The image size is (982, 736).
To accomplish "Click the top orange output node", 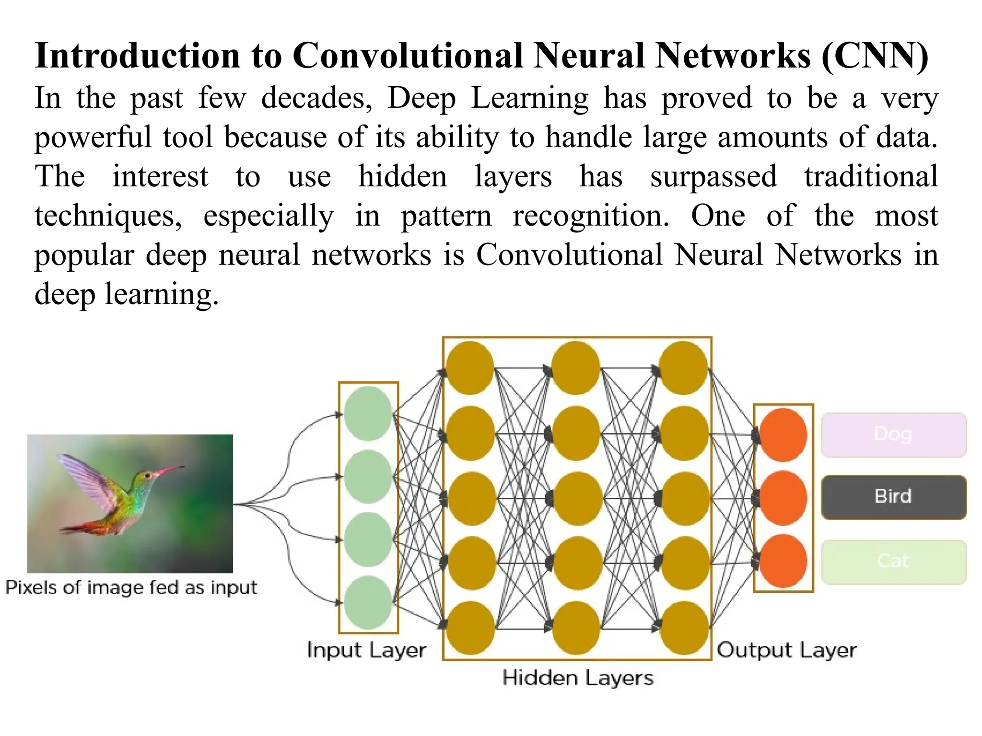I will tap(783, 435).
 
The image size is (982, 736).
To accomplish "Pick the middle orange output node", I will tap(783, 498).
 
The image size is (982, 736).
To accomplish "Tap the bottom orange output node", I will tap(783, 561).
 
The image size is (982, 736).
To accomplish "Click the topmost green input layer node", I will tap(368, 414).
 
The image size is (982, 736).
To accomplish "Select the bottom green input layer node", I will tap(368, 602).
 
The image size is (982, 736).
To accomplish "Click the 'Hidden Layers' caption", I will tap(578, 678).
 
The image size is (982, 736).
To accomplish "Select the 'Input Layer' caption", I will tap(366, 650).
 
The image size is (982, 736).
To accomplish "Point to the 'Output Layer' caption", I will tap(786, 650).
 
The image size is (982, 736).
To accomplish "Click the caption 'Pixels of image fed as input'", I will tap(131, 587).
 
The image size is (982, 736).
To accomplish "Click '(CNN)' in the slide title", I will tap(875, 56).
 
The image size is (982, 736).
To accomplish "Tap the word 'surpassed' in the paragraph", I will tap(713, 176).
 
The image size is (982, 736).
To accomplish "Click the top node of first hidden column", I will tap(470, 368).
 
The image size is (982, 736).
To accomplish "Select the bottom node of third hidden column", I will tap(684, 628).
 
